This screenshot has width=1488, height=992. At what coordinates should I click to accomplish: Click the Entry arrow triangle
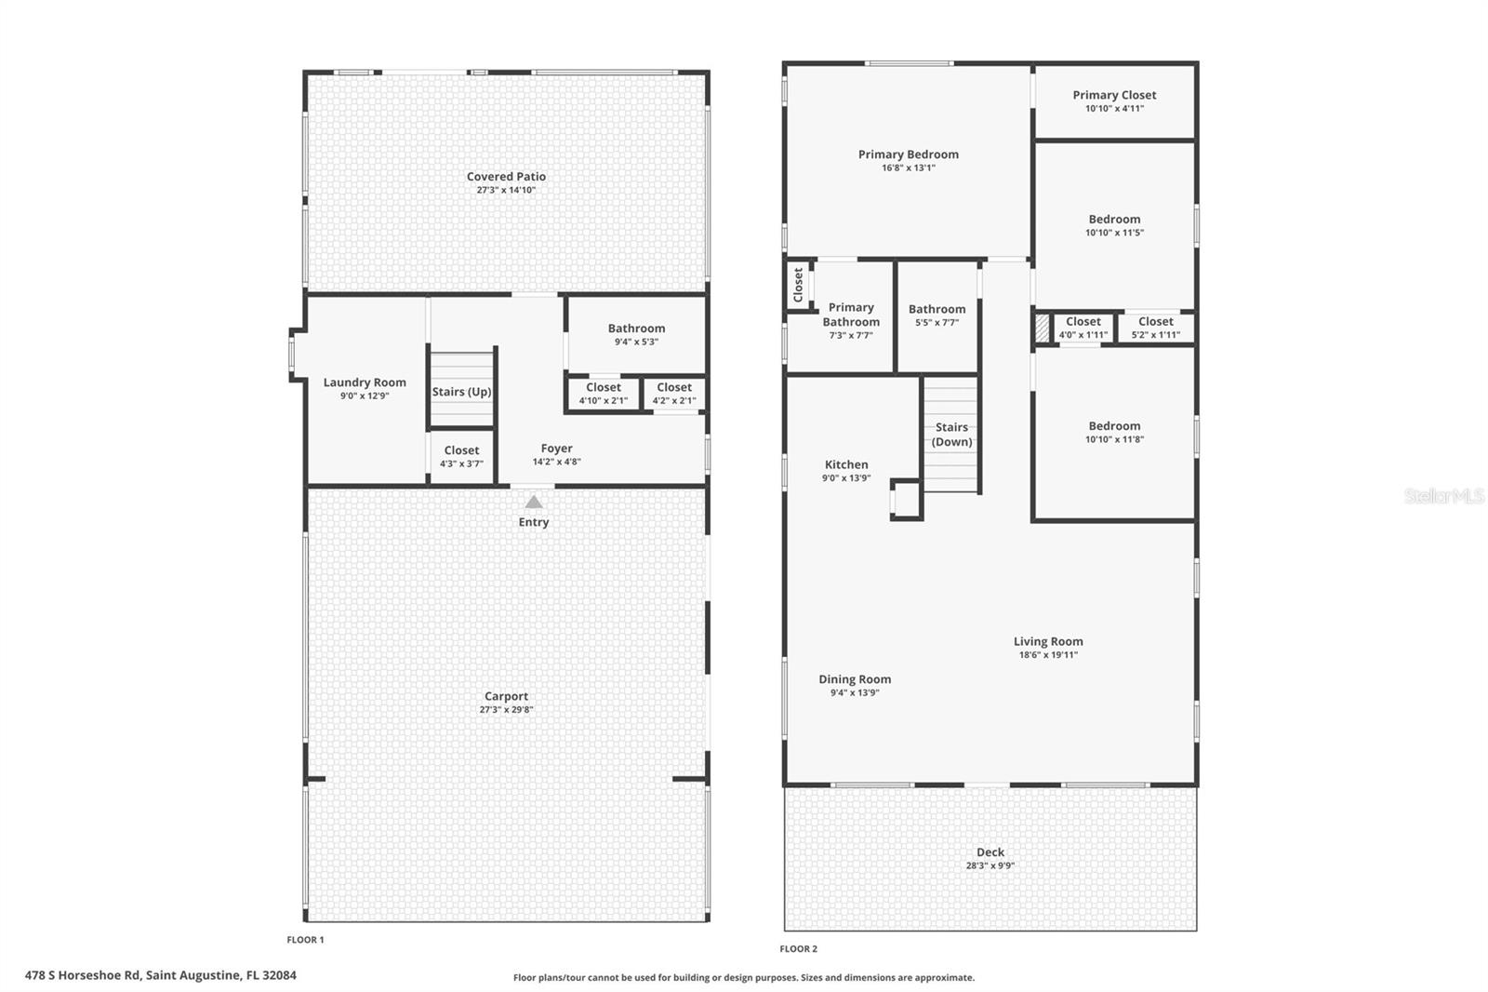[x=533, y=503]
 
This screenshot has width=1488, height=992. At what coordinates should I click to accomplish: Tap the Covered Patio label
[x=506, y=177]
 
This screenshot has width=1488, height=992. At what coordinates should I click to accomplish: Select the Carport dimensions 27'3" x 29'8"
[x=506, y=710]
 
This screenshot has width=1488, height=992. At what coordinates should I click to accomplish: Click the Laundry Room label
[x=365, y=382]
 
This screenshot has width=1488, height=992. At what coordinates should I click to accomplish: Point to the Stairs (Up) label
[x=461, y=392]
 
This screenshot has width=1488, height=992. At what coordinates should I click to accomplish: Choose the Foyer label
[x=556, y=449]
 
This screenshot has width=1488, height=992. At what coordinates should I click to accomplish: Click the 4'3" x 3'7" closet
[x=461, y=457]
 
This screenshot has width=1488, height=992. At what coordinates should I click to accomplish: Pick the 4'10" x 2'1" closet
[x=604, y=394]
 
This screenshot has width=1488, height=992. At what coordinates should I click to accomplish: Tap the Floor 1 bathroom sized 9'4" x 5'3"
[x=636, y=334]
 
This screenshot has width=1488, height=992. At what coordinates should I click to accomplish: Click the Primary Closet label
[x=1114, y=95]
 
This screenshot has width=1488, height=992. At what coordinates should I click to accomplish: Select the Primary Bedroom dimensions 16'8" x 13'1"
[x=908, y=168]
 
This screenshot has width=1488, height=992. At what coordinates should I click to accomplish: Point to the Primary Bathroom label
[x=851, y=315]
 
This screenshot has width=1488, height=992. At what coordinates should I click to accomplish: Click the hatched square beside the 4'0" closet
[x=1042, y=328]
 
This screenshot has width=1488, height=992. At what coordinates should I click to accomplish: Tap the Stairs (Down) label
[x=951, y=435]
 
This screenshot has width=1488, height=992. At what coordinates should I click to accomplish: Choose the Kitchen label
[x=846, y=465]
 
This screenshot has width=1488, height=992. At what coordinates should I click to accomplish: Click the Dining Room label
[x=855, y=679]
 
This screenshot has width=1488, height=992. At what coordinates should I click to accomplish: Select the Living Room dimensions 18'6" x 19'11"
[x=1048, y=655]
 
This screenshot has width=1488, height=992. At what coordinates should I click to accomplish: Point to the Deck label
[x=990, y=852]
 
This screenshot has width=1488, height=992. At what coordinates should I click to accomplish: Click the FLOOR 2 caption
[x=798, y=949]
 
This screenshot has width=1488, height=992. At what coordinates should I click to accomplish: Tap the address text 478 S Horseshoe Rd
[x=83, y=975]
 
